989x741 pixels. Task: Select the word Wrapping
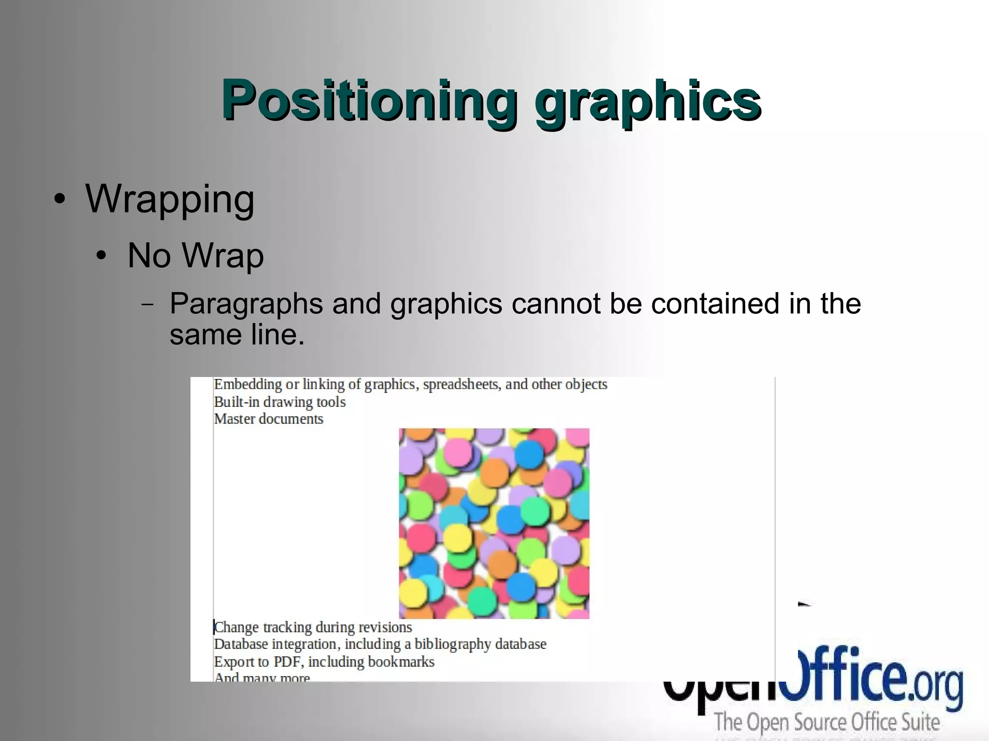pyautogui.click(x=170, y=199)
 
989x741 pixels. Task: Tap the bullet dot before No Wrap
pyautogui.click(x=101, y=256)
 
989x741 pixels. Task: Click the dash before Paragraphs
pyautogui.click(x=148, y=305)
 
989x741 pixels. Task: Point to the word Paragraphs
pyautogui.click(x=246, y=305)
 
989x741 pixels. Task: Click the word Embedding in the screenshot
pyautogui.click(x=248, y=385)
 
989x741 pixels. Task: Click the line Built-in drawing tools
pyautogui.click(x=280, y=402)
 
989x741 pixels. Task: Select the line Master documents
pyautogui.click(x=268, y=419)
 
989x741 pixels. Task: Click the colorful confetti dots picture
pyautogui.click(x=494, y=523)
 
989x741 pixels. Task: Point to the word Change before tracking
pyautogui.click(x=236, y=628)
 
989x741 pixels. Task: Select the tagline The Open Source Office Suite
pyautogui.click(x=827, y=723)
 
